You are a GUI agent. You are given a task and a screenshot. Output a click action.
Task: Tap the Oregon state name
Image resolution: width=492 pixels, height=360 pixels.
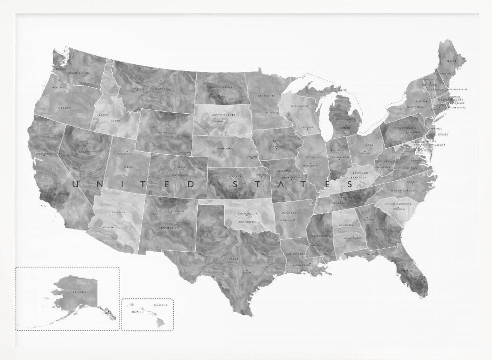click(x=65, y=106)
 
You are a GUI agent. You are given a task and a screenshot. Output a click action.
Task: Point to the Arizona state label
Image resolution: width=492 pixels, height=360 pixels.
click(x=118, y=212)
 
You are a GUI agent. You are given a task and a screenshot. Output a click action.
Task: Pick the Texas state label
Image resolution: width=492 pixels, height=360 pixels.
click(x=234, y=258)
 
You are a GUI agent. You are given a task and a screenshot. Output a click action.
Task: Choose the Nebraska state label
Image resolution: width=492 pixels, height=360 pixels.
click(x=226, y=148)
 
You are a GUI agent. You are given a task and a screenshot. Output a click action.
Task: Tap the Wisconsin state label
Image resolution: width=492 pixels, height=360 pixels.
click(x=299, y=106)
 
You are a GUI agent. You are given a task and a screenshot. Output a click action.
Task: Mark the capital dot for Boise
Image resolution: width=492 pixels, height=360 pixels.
click(x=100, y=115)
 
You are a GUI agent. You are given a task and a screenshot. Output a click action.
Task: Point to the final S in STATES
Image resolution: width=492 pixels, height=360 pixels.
click(x=350, y=185)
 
